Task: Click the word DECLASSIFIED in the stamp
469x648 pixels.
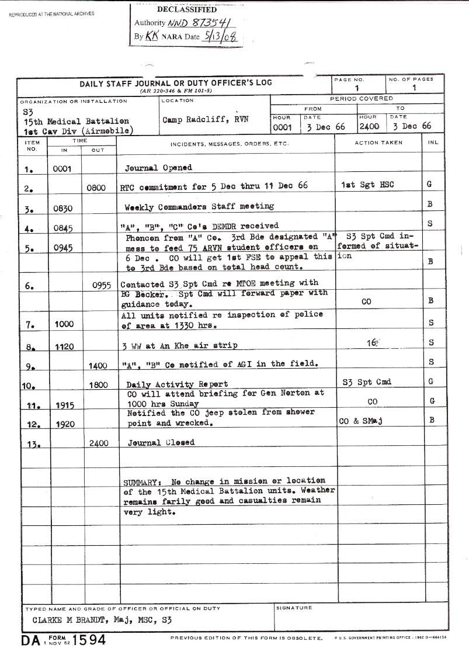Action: [187, 10]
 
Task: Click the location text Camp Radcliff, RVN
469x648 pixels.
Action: [205, 119]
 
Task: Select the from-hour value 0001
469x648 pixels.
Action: [283, 127]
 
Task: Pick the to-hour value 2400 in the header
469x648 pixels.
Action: [369, 127]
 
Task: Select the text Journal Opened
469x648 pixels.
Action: [159, 168]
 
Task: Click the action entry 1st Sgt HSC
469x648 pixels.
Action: [367, 185]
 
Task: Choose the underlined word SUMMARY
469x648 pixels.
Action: [140, 483]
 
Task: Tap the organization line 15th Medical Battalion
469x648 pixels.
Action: [64, 122]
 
